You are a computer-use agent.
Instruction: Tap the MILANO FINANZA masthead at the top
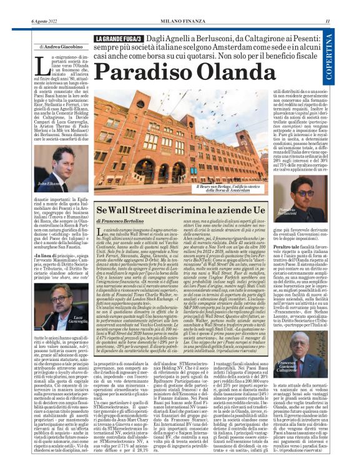(182, 23)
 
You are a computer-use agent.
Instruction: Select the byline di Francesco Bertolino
(125, 221)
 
